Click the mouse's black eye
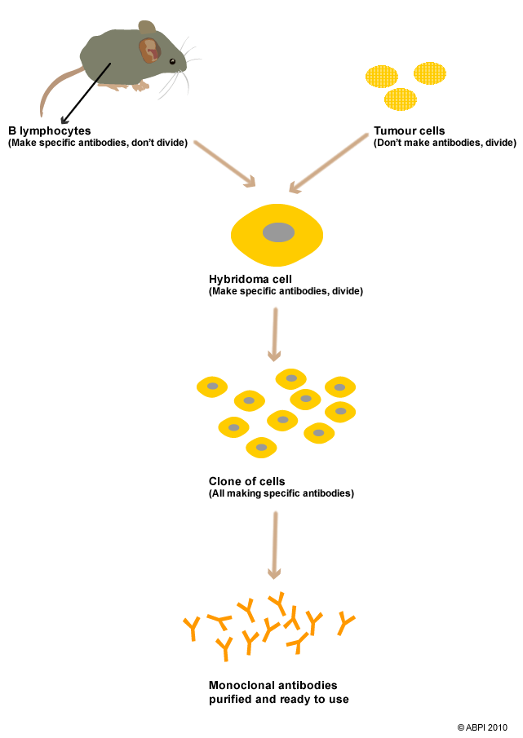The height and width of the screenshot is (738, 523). click(172, 62)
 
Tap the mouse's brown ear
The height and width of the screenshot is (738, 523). click(148, 51)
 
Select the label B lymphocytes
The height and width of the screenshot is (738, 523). click(50, 130)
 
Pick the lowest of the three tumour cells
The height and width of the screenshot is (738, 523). click(400, 99)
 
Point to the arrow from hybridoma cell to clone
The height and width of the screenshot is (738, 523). click(275, 334)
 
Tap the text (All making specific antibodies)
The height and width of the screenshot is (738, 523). click(281, 493)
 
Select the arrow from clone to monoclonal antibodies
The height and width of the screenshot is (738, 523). click(275, 546)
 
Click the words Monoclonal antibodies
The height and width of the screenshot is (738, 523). click(273, 685)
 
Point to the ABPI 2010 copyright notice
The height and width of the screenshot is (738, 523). click(482, 727)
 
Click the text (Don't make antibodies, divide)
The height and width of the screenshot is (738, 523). click(445, 143)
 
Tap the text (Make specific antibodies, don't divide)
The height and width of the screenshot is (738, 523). click(98, 143)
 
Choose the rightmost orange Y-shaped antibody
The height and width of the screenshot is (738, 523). click(346, 624)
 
